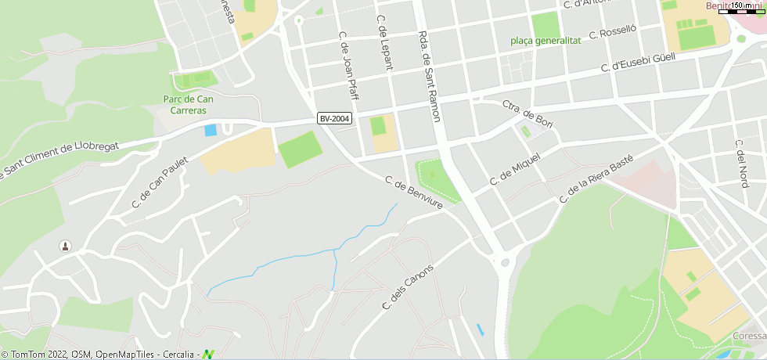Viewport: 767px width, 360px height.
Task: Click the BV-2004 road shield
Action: (335, 118)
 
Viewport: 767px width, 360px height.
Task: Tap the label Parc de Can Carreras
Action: (188, 105)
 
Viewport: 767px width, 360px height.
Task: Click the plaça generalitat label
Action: (546, 41)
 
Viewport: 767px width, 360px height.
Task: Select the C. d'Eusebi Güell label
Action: (638, 63)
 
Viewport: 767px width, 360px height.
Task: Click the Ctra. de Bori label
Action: (528, 113)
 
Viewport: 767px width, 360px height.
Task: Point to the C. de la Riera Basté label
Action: (596, 180)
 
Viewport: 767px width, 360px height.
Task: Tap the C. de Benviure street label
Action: (413, 193)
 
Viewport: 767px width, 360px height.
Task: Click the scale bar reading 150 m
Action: (744, 7)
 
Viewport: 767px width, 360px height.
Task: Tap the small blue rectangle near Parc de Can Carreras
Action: (210, 130)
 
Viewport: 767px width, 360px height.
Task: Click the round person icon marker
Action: (65, 247)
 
